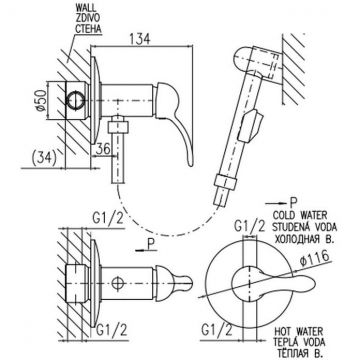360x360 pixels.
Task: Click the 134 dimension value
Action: tap(139, 39)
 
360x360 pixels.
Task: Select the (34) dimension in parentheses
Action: tap(43, 159)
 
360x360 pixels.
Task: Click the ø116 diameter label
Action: tap(315, 258)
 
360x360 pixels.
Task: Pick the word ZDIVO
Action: tap(87, 18)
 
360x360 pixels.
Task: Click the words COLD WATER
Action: tap(300, 215)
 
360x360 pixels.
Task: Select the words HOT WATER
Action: tap(299, 332)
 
